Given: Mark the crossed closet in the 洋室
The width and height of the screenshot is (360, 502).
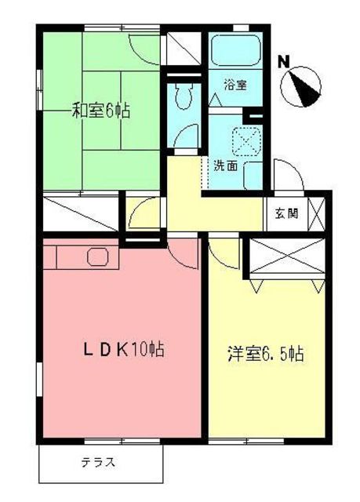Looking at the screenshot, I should click(x=286, y=260).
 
